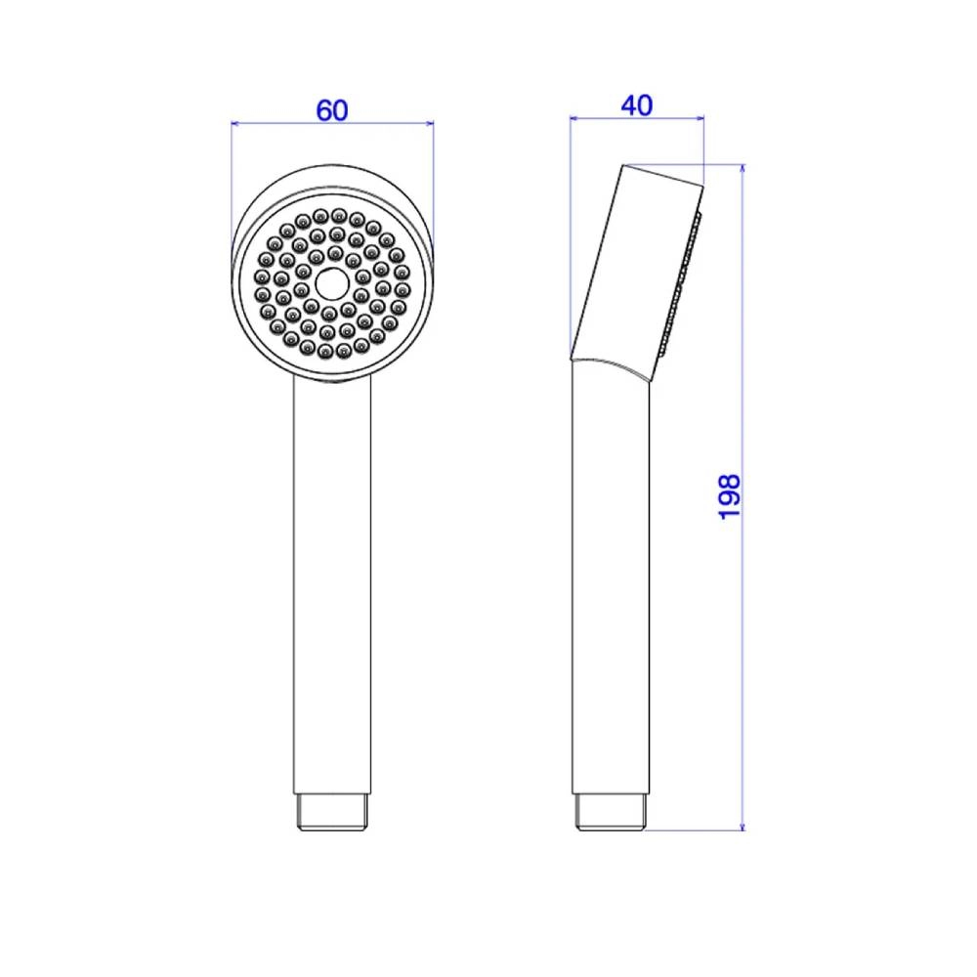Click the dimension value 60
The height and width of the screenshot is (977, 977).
[x=332, y=110]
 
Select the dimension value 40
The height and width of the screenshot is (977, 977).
[x=636, y=106]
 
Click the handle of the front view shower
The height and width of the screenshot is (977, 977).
[x=332, y=586]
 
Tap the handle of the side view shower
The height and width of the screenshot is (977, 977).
[x=613, y=586]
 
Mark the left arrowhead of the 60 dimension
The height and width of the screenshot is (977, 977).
[x=235, y=123]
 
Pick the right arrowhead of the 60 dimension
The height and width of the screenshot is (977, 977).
[x=428, y=123]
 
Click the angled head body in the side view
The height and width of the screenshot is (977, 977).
[x=635, y=264]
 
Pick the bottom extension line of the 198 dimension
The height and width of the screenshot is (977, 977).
[x=694, y=831]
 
